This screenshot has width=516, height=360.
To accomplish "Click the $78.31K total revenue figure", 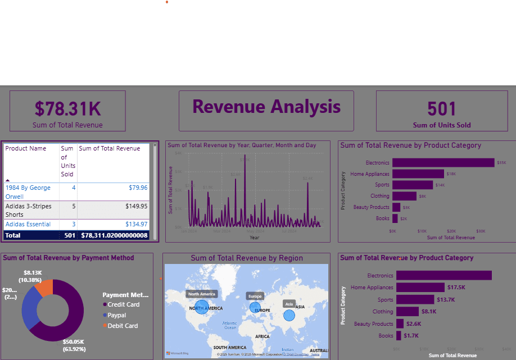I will [68, 108].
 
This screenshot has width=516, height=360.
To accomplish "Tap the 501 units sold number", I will [441, 109].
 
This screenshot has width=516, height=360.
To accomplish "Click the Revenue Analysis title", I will [266, 106].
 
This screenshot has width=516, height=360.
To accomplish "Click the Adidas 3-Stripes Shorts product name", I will [28, 210].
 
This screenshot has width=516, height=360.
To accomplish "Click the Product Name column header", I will [26, 148].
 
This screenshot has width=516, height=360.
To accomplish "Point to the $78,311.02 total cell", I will [115, 235].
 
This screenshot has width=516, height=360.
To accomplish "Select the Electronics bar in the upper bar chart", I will [443, 162].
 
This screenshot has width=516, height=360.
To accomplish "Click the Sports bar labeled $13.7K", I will [415, 299].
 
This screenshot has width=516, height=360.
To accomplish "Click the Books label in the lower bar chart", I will [386, 336].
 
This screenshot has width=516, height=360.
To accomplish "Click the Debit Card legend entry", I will [123, 326].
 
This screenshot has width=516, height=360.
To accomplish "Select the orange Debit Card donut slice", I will [44, 288].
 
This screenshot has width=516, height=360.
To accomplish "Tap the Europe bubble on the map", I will [256, 307].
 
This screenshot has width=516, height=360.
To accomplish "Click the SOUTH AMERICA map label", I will [229, 348].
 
